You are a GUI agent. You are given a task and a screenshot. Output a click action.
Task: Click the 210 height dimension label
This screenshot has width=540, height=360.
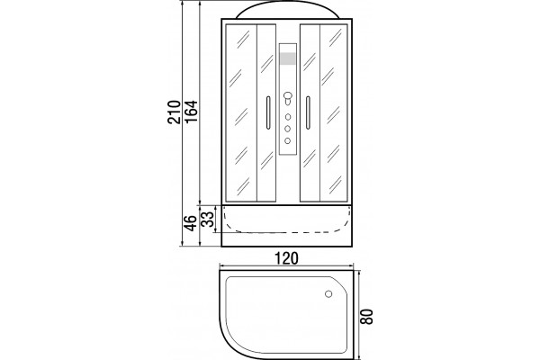(x=175, y=112)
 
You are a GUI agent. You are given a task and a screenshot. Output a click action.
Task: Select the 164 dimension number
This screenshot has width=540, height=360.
(x=191, y=112)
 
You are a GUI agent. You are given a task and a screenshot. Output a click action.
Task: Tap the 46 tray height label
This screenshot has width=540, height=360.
(x=191, y=222)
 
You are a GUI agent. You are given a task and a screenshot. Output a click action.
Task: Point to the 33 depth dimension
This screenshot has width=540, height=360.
(x=207, y=219)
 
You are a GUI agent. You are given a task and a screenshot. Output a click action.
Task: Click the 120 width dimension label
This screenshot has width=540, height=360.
(x=286, y=258)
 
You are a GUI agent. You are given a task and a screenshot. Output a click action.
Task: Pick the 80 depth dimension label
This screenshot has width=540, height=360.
(x=367, y=316)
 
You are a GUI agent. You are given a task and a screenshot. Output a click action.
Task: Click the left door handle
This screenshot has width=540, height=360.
(x=268, y=112)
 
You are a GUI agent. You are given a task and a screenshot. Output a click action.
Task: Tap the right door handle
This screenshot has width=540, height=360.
(x=308, y=112)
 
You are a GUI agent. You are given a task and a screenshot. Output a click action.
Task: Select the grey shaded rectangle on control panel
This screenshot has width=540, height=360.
(x=288, y=58)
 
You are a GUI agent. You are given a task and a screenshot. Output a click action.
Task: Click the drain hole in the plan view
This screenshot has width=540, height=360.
(x=328, y=294)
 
